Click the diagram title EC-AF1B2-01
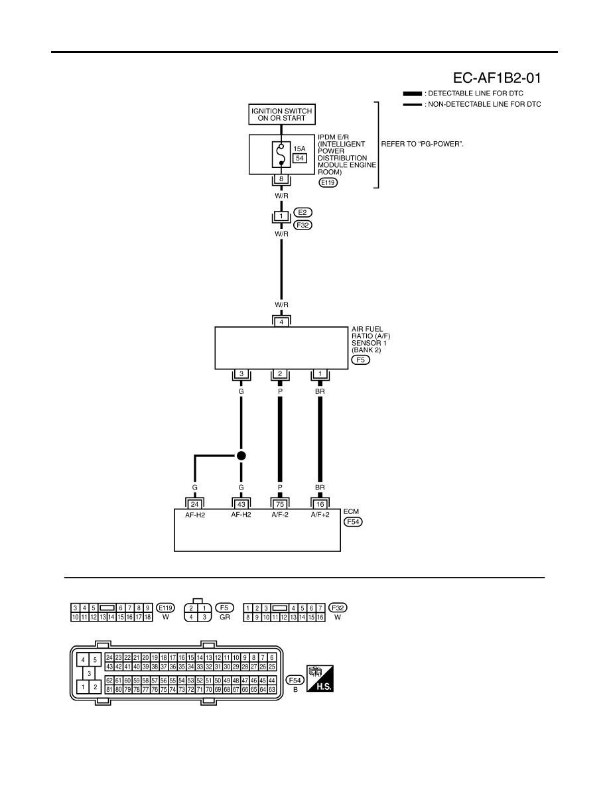pyautogui.click(x=497, y=78)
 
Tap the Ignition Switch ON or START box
pyautogui.click(x=281, y=115)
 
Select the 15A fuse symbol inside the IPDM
pyautogui.click(x=281, y=155)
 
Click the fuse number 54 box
pyautogui.click(x=300, y=159)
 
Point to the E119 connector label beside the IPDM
pyautogui.click(x=328, y=183)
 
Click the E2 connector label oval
pyautogui.click(x=303, y=212)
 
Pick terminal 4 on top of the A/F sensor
pyautogui.click(x=281, y=322)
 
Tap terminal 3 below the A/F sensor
pyautogui.click(x=241, y=374)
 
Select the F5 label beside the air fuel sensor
pyautogui.click(x=361, y=360)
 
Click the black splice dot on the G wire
pyautogui.click(x=241, y=456)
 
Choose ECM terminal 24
pyautogui.click(x=195, y=505)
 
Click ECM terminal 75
pyautogui.click(x=280, y=505)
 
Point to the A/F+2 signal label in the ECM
pyautogui.click(x=320, y=515)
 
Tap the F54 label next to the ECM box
pyautogui.click(x=353, y=521)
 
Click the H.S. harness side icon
pyautogui.click(x=320, y=679)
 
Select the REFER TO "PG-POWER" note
pyautogui.click(x=423, y=144)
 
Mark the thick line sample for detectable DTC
pyautogui.click(x=413, y=94)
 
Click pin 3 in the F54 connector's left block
pyautogui.click(x=89, y=673)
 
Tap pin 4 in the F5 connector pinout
pyautogui.click(x=191, y=617)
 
